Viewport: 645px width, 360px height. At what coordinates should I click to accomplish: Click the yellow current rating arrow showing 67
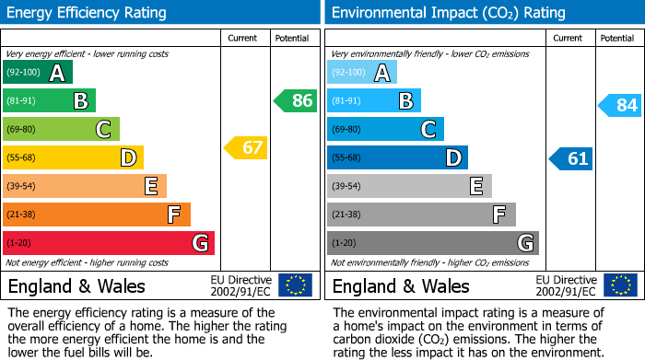246,147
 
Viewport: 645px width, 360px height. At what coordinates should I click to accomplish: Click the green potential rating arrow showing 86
296,100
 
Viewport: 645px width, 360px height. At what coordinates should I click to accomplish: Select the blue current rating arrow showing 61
570,158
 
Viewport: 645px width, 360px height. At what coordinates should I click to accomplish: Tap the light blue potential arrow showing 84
620,105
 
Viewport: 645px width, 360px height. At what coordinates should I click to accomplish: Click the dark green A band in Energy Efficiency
38,73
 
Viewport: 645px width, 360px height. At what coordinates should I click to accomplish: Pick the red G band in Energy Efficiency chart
109,243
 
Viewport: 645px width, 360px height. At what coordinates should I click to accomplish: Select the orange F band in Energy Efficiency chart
97,215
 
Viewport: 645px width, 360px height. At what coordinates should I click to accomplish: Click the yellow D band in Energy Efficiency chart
73,157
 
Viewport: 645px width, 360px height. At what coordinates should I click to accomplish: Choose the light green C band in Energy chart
61,129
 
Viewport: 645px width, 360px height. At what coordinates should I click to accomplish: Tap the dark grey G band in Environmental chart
432,243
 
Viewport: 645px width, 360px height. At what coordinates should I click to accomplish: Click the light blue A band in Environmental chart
362,73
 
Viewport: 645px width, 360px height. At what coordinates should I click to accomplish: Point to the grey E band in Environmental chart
409,186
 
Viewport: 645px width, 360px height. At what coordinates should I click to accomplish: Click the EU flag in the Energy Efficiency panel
295,285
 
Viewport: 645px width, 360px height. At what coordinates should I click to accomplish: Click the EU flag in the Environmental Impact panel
620,285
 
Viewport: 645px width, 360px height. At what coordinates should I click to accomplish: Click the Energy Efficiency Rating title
88,13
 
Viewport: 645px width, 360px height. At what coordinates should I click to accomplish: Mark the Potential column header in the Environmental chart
617,38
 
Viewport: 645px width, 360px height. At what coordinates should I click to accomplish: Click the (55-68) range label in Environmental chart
349,158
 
